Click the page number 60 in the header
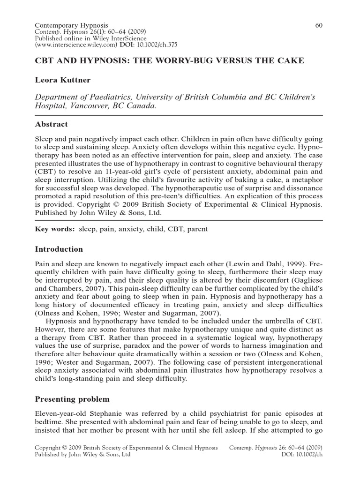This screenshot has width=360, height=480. coord(319,25)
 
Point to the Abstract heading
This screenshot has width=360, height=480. coord(52,124)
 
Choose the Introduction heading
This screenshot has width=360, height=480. coord(59,249)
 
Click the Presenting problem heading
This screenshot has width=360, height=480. coord(72,399)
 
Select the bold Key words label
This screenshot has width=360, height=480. coord(55,229)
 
